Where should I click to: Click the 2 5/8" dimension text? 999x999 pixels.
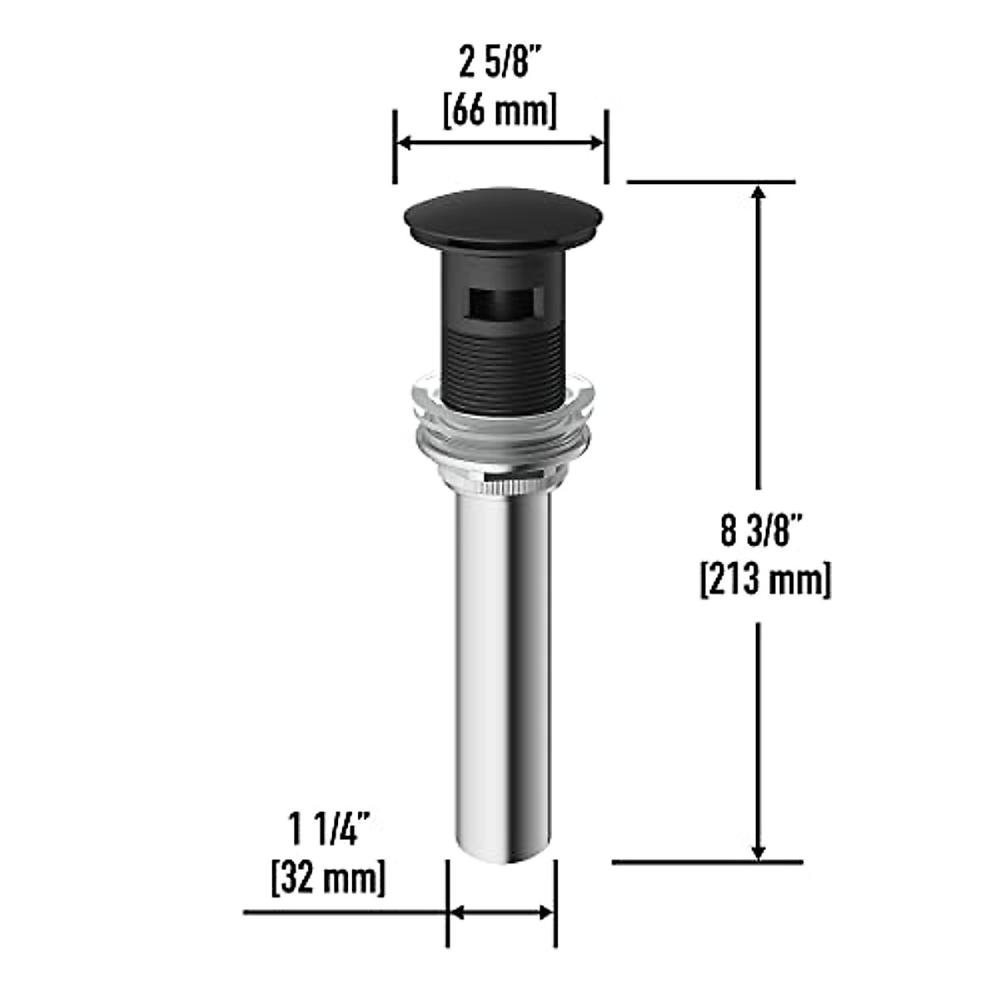pyautogui.click(x=499, y=63)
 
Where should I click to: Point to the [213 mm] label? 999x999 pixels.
pyautogui.click(x=764, y=579)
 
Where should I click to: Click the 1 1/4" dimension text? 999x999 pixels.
pyautogui.click(x=329, y=830)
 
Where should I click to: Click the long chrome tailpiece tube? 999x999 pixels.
pyautogui.click(x=499, y=666)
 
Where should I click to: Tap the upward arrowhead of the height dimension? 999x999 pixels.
pyautogui.click(x=758, y=193)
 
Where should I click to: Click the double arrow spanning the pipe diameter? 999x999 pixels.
pyautogui.click(x=501, y=912)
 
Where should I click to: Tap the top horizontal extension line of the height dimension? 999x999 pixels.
pyautogui.click(x=712, y=181)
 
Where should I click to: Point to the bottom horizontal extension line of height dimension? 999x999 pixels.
pyautogui.click(x=708, y=862)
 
